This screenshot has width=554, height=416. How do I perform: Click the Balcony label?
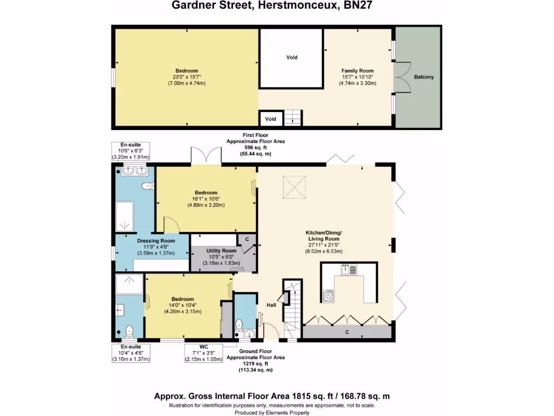tap(424, 77)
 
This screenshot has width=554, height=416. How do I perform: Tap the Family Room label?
tap(357, 71)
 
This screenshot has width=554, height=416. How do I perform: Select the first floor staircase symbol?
tap(293, 117)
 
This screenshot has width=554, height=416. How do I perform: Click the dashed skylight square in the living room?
tap(296, 189)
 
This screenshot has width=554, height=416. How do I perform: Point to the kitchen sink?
tap(348, 269)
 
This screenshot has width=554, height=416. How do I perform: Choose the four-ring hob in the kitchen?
tap(328, 296)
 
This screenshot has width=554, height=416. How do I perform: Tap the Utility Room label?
tap(221, 251)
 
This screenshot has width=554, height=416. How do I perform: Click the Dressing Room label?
tap(156, 240)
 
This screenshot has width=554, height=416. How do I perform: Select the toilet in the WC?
tap(239, 325)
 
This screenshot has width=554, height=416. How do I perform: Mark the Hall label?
tap(271, 305)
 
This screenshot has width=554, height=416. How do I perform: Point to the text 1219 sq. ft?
tap(255, 363)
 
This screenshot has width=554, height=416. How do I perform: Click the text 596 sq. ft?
tap(255, 147)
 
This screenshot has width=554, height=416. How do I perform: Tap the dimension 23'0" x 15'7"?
tap(186, 77)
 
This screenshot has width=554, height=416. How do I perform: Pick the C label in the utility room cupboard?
tap(247, 239)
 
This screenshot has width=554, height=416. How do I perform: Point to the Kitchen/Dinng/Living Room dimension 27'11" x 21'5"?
tap(324, 245)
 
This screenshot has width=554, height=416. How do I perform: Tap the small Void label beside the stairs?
tap(271, 119)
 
